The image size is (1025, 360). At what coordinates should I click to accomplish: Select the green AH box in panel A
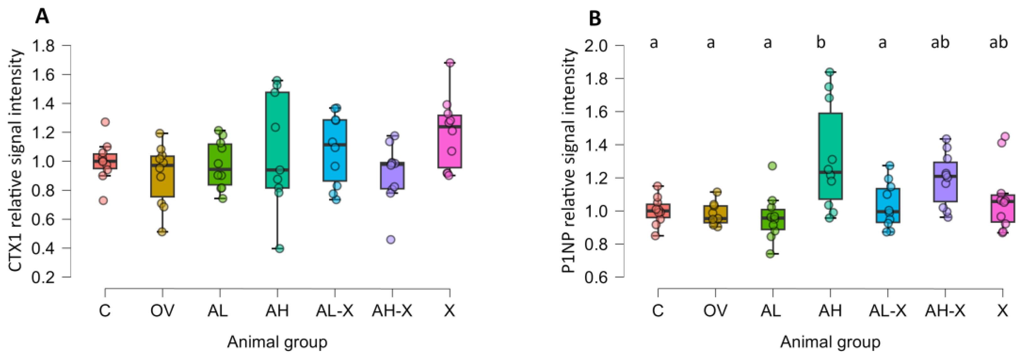(x=277, y=140)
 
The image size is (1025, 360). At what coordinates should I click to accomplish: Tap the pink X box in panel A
(x=450, y=141)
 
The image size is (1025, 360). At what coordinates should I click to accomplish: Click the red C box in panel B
(x=658, y=211)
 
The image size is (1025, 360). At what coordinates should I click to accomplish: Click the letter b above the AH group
(x=821, y=42)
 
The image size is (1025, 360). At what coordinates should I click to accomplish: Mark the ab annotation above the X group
(x=998, y=42)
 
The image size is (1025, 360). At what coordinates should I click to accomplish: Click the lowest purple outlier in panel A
(x=391, y=240)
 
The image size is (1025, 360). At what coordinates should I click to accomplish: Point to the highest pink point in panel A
(x=450, y=63)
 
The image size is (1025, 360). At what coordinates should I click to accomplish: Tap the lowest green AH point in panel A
(x=280, y=249)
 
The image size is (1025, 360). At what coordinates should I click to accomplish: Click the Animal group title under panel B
(x=830, y=342)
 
